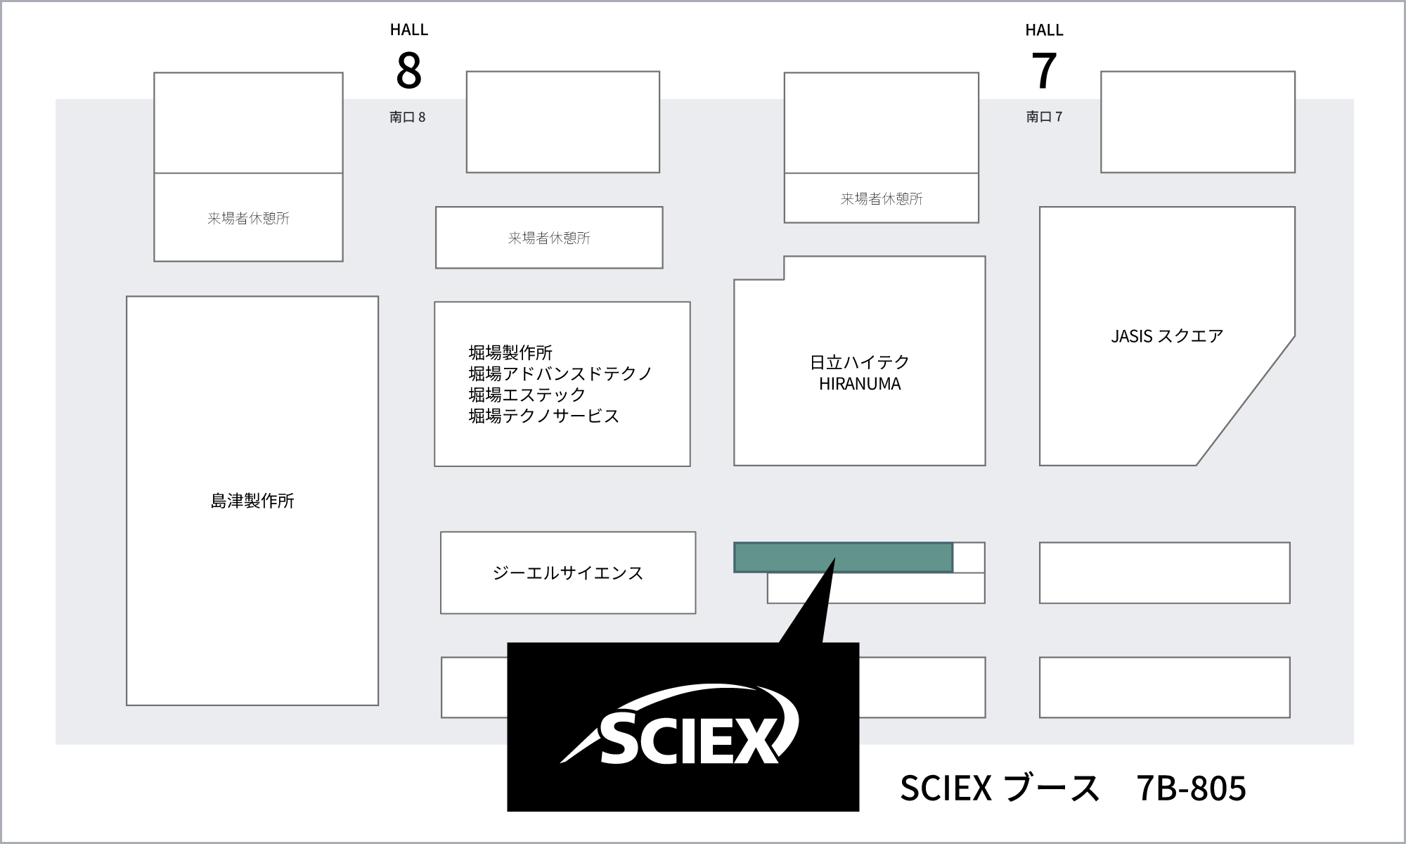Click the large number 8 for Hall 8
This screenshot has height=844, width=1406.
click(x=408, y=70)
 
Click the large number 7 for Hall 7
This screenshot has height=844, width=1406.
click(x=1044, y=70)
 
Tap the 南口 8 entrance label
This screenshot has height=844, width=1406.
click(x=408, y=117)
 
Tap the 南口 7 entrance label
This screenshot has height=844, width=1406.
click(x=1044, y=117)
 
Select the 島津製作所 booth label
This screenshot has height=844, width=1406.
click(x=252, y=501)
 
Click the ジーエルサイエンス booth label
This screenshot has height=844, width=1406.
click(x=568, y=573)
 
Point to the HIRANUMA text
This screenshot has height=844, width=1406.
click(x=860, y=384)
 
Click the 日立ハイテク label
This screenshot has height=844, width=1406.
click(x=860, y=362)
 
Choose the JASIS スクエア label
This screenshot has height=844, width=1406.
click(x=1167, y=336)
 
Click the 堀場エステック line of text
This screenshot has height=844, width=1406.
click(x=527, y=395)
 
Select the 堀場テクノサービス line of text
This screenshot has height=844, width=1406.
click(x=544, y=416)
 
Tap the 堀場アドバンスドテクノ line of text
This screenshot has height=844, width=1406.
click(x=561, y=373)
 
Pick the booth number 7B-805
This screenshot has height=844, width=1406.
click(x=1191, y=788)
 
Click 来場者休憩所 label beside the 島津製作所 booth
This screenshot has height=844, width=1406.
click(x=248, y=219)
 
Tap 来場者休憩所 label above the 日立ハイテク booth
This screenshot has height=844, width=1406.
click(x=882, y=199)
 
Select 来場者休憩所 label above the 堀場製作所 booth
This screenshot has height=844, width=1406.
click(x=549, y=238)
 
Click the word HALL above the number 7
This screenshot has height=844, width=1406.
click(x=1044, y=30)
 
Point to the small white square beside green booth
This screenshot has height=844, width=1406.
click(x=969, y=557)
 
